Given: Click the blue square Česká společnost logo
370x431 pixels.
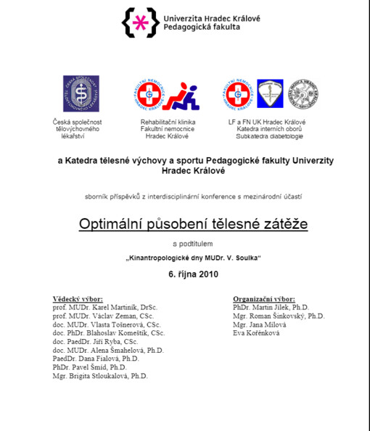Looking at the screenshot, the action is (x=81, y=93).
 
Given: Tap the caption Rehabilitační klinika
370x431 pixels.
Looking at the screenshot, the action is (x=168, y=122).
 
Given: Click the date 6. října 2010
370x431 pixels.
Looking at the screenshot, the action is (x=193, y=274).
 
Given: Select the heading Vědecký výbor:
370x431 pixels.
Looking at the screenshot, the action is (x=78, y=298).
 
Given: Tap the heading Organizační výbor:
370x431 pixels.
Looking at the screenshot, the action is (x=264, y=298).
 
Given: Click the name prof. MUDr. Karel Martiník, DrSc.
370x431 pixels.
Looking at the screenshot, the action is (x=105, y=307).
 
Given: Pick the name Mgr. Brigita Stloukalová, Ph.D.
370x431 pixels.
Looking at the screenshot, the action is (x=100, y=376).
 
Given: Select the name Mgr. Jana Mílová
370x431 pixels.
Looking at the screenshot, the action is (x=260, y=325).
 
